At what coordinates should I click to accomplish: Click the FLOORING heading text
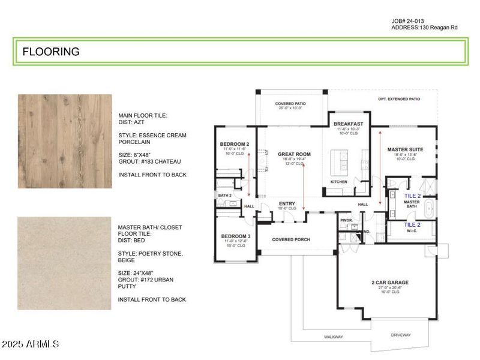(51, 52)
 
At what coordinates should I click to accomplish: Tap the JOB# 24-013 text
(411, 21)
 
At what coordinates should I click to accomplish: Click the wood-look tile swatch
(64, 141)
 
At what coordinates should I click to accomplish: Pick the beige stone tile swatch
(64, 263)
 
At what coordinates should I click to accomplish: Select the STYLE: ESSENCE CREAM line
(152, 135)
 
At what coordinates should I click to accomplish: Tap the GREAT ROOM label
(294, 154)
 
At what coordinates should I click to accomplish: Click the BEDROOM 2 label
(235, 145)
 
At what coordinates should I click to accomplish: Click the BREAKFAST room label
(349, 124)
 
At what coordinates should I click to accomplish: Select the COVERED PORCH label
(290, 239)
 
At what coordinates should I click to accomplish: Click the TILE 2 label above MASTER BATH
(412, 196)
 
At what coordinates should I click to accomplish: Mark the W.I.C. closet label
(412, 232)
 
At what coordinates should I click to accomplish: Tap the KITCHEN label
(339, 181)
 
